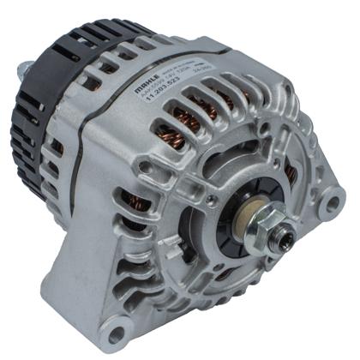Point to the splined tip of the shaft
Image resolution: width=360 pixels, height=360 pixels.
[285, 237]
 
